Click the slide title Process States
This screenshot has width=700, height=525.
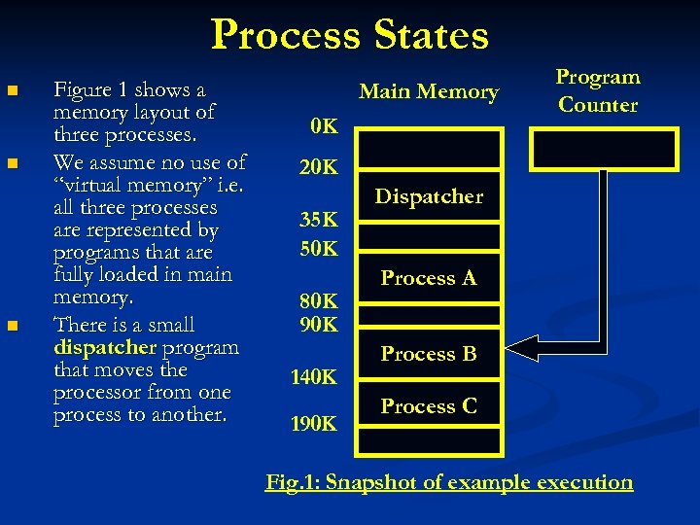pyautogui.click(x=350, y=35)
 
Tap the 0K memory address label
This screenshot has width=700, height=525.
pyautogui.click(x=323, y=126)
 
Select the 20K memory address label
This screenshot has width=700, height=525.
pyautogui.click(x=318, y=168)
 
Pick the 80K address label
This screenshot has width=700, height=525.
pyautogui.click(x=318, y=300)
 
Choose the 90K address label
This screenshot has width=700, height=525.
pyautogui.click(x=318, y=323)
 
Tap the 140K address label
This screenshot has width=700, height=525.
pyautogui.click(x=313, y=377)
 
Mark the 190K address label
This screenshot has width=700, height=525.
pyautogui.click(x=313, y=423)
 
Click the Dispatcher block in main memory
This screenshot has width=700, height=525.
pyautogui.click(x=429, y=196)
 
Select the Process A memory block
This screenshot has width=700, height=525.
pyautogui.click(x=429, y=278)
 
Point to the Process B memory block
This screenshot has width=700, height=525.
pyautogui.click(x=429, y=354)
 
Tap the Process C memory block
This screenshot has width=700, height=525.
pyautogui.click(x=429, y=406)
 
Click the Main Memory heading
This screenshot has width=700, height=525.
pyautogui.click(x=429, y=92)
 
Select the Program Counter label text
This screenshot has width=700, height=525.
pyautogui.click(x=598, y=90)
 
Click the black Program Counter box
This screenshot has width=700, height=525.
pyautogui.click(x=603, y=149)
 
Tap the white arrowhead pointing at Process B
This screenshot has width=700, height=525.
pyautogui.click(x=522, y=347)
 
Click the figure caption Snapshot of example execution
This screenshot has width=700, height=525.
pyautogui.click(x=449, y=482)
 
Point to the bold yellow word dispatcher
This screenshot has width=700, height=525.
pyautogui.click(x=105, y=347)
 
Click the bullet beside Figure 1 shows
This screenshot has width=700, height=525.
pyautogui.click(x=12, y=91)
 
